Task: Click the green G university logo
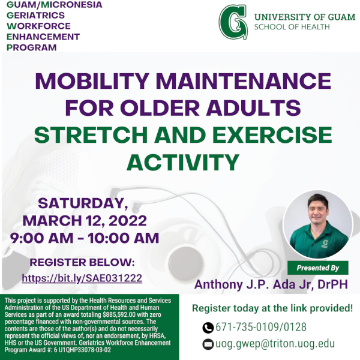[233, 22]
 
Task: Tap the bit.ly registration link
[82, 278]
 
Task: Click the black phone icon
[208, 328]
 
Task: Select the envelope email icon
[208, 344]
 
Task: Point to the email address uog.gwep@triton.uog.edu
[275, 344]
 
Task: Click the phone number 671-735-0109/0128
[261, 327]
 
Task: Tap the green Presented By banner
[318, 268]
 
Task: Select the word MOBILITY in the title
[92, 81]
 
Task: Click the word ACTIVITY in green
[183, 163]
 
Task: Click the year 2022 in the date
[128, 221]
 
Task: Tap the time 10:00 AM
[124, 238]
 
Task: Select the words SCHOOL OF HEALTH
[292, 27]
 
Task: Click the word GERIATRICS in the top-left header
[35, 16]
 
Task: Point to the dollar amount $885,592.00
[119, 314]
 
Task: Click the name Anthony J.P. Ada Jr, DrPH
[271, 284]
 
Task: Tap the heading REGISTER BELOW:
[82, 262]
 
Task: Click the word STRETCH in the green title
[91, 135]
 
